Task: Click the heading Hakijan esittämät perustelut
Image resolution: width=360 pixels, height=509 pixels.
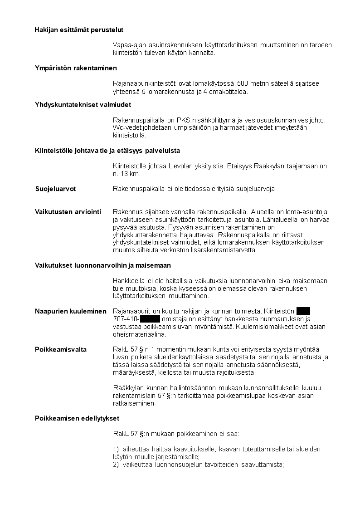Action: point(79,30)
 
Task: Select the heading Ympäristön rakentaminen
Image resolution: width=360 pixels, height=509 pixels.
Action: point(76,68)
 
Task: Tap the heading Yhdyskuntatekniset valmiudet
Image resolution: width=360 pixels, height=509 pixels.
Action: point(83,105)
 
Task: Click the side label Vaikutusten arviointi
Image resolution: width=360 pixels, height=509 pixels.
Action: point(68,212)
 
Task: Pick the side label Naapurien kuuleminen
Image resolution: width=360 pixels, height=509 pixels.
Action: point(71,311)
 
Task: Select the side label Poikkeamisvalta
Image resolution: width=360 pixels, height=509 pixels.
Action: point(61,349)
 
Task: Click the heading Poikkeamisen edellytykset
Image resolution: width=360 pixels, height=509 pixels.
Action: point(77,418)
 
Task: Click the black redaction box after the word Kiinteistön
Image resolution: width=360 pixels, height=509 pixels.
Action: point(303,311)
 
